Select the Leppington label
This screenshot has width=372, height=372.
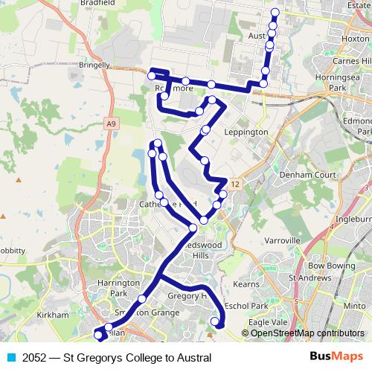[246, 132]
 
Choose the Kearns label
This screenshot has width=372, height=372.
[246, 283]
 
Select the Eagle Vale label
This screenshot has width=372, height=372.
[268, 321]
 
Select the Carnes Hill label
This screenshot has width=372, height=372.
[353, 60]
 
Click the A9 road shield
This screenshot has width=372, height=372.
[111, 124]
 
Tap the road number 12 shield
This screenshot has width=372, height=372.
[235, 183]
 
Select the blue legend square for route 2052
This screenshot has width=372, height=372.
[10, 358]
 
